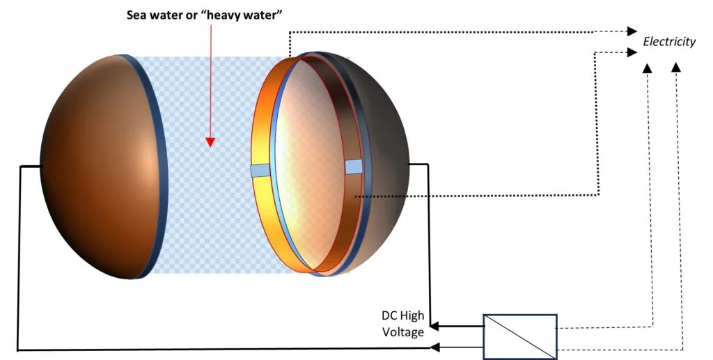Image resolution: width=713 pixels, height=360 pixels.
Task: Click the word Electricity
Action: (669, 42)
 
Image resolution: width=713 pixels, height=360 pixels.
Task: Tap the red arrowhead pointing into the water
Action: (210, 142)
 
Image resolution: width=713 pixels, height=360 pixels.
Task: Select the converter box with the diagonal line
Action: (519, 337)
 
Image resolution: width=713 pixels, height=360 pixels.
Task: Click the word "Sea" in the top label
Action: (136, 15)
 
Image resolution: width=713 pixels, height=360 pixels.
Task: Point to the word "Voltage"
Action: (403, 332)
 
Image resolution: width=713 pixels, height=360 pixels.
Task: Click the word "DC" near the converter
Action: (390, 315)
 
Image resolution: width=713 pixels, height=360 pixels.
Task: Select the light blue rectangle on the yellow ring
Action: (260, 171)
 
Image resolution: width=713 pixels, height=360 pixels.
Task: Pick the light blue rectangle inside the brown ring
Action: (353, 167)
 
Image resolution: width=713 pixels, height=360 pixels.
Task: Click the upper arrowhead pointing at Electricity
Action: (632, 31)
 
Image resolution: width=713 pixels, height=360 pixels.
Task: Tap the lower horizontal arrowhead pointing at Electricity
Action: (632, 52)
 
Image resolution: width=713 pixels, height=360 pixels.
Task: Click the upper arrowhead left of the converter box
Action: (434, 326)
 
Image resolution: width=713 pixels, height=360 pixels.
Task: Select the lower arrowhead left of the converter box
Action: (434, 347)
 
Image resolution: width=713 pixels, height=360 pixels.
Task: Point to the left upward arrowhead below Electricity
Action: (647, 68)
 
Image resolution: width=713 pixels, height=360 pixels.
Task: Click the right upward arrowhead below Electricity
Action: (676, 68)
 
